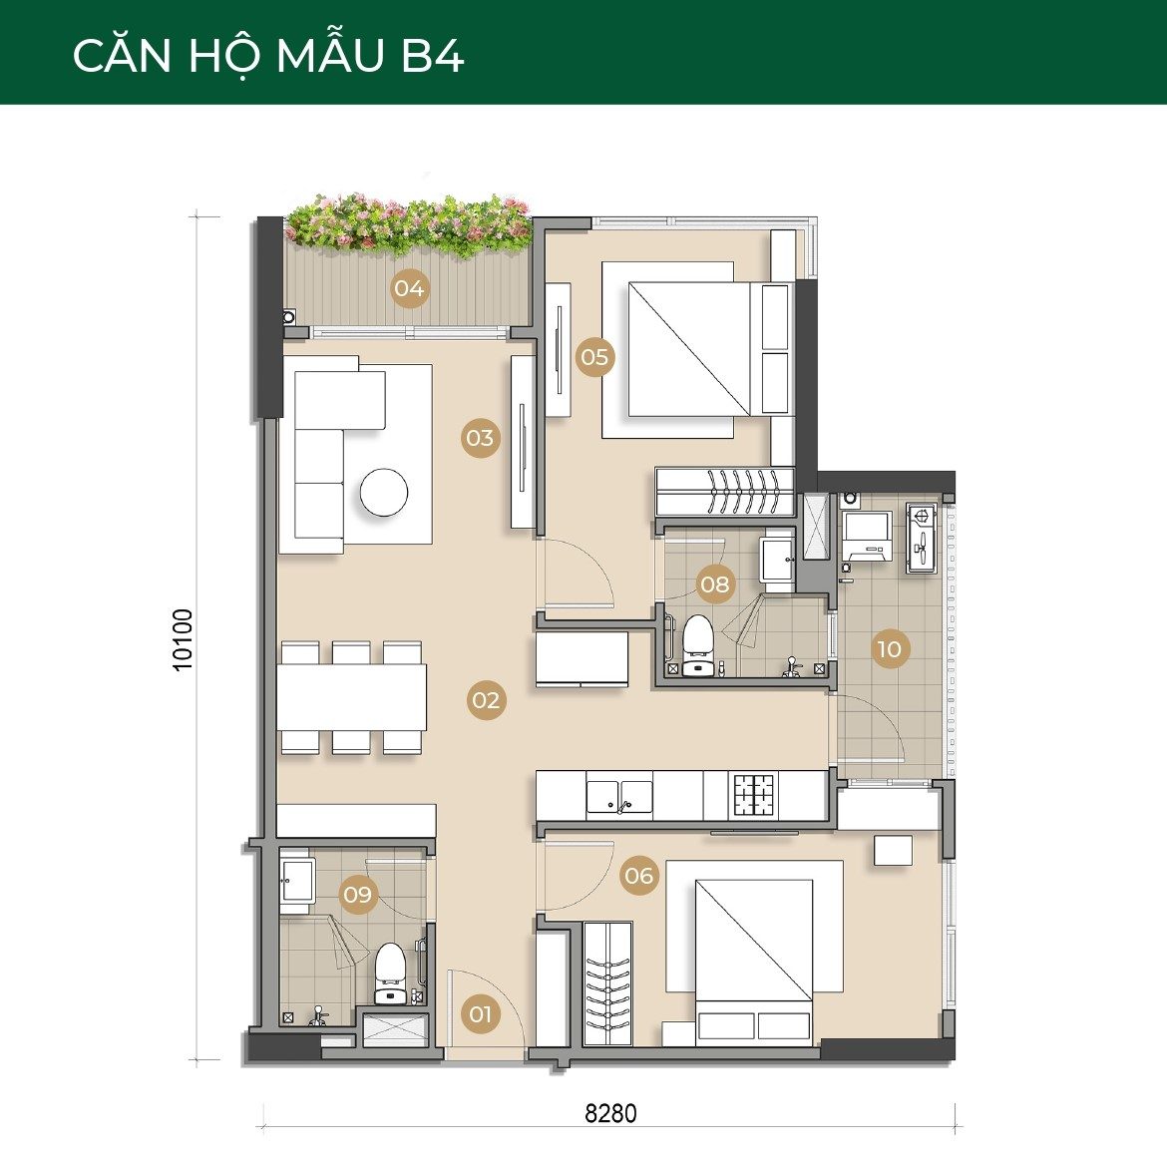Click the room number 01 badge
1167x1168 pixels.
coord(481,1013)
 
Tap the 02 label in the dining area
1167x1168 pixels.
coord(486,700)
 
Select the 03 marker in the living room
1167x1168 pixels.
coord(481,437)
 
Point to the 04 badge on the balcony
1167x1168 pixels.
coord(410,288)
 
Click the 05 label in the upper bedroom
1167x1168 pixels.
coord(595,357)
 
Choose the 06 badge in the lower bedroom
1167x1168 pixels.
coord(639,876)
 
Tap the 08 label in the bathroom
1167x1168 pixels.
coord(715,584)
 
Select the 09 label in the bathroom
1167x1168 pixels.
coord(358,893)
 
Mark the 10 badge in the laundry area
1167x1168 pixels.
coord(890,648)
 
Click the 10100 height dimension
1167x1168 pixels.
coord(183,640)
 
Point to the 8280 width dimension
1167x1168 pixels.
coord(610,1113)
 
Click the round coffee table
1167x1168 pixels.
coord(384,492)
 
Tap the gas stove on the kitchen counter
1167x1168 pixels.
coord(754,794)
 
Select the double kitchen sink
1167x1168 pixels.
coord(619,796)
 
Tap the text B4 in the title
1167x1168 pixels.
coord(433,55)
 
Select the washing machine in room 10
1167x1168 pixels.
coord(867,536)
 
